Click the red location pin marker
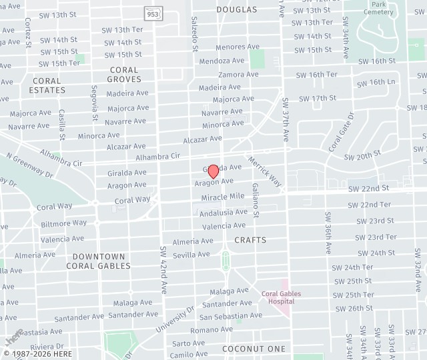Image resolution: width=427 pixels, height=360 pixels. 213,171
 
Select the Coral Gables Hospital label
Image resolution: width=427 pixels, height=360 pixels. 278,297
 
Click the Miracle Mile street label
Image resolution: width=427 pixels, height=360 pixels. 223,197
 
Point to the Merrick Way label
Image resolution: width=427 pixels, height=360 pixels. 265,172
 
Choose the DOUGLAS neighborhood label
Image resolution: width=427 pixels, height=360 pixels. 236,9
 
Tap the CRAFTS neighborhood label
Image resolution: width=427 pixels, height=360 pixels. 250,240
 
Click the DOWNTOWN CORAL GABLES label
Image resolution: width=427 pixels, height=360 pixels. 98,261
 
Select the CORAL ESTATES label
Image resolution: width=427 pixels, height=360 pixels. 47,85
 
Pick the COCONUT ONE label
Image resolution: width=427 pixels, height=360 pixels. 253,349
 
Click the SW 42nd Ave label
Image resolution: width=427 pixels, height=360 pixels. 163,270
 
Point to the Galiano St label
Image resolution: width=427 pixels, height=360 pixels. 255,199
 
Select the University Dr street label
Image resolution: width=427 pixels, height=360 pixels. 175,319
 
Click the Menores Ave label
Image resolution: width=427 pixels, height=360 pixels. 238,47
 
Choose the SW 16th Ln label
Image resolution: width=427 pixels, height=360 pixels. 376,83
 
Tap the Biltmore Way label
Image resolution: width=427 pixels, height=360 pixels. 63,223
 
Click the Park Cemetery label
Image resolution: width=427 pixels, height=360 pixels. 378,7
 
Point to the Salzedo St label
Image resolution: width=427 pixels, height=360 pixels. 195,34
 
